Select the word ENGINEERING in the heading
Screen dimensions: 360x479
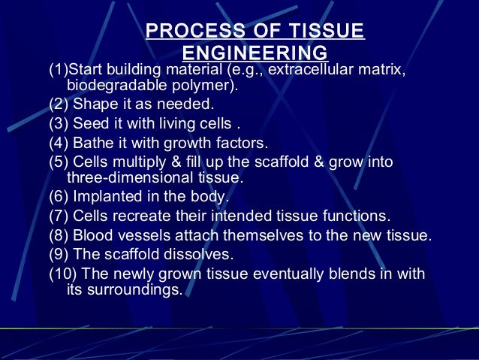(255, 53)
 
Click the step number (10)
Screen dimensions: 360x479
(63, 274)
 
